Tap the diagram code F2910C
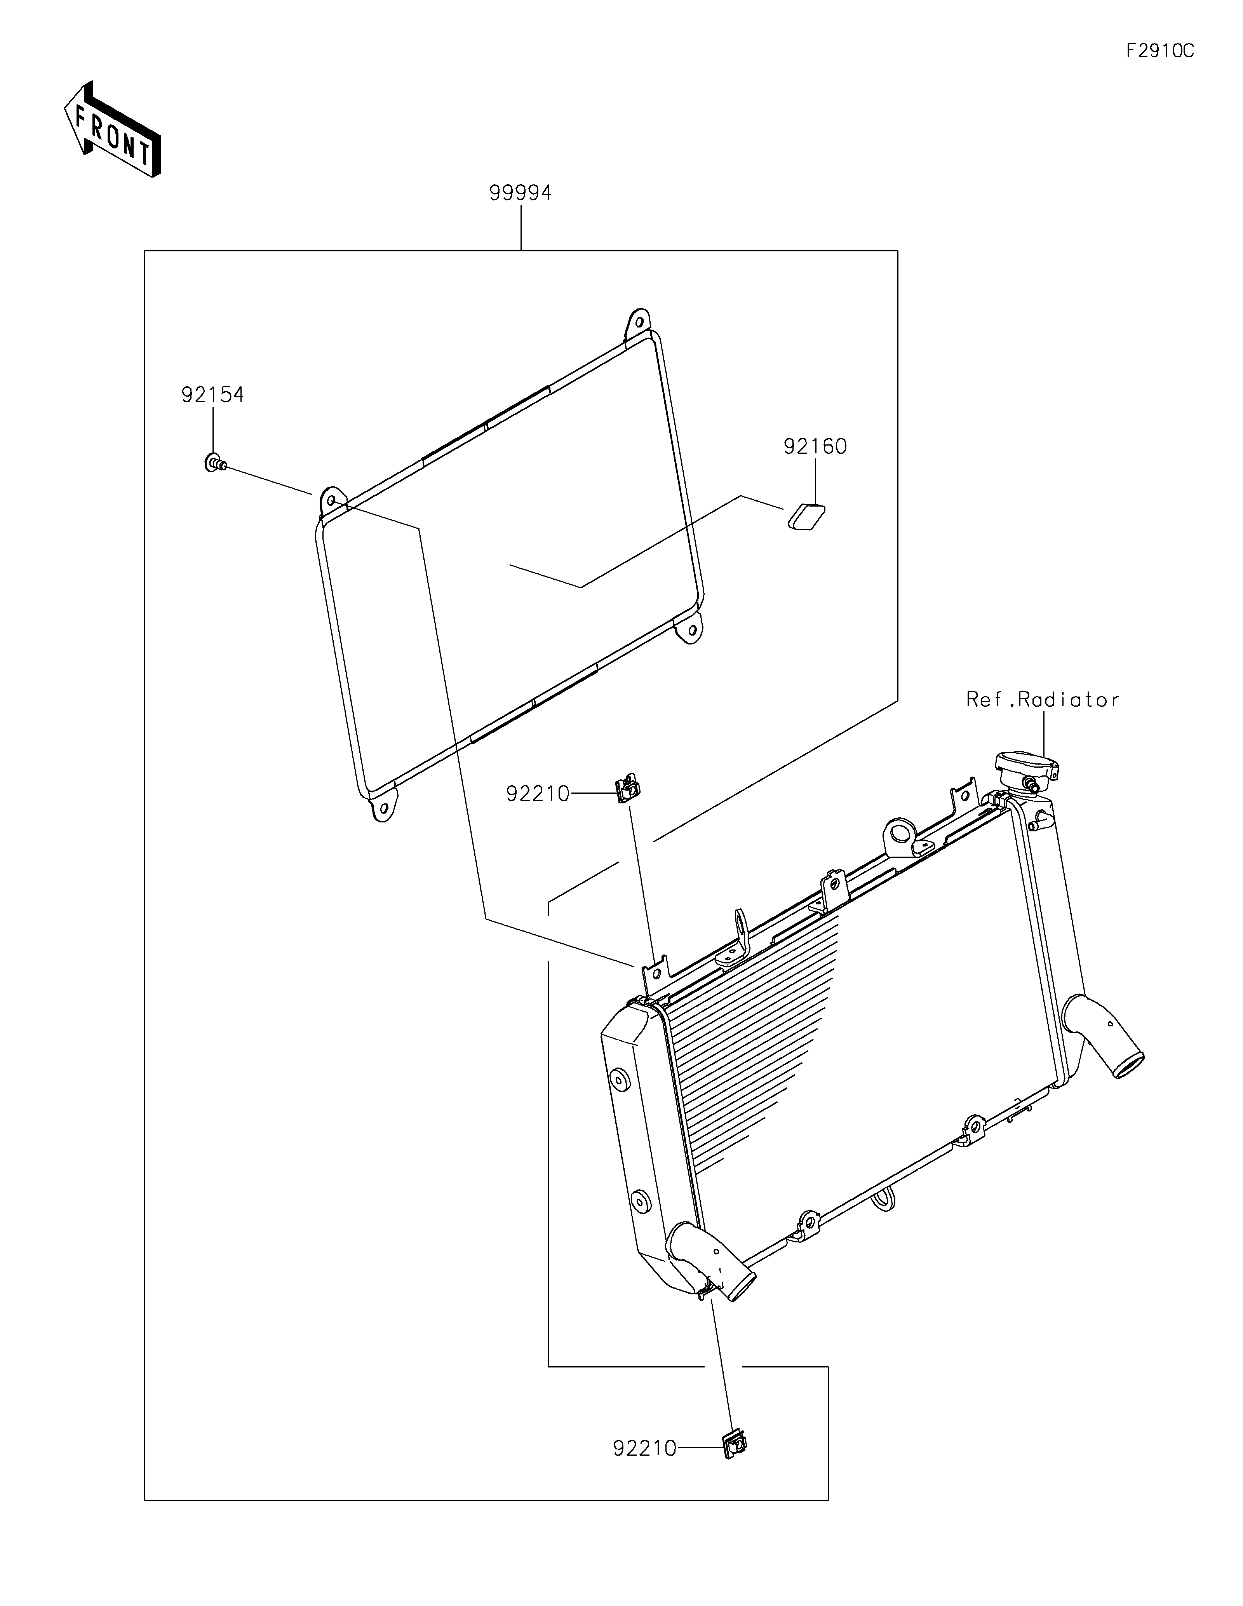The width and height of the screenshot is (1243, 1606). coord(1160,51)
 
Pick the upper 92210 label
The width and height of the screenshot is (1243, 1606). coord(537,794)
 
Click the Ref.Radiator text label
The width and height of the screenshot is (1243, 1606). coord(1042,700)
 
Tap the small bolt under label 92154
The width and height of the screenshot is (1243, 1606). coord(214,463)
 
